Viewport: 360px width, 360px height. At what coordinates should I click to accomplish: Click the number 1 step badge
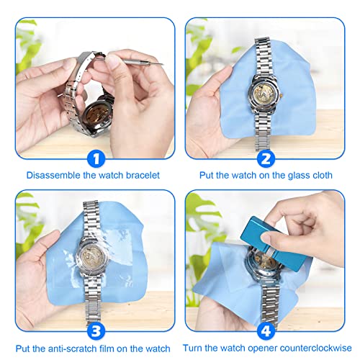(96, 158)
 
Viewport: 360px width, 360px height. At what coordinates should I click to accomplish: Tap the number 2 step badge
(266, 158)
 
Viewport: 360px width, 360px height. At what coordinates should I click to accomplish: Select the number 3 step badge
(96, 331)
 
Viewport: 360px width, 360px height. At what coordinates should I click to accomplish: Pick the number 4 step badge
(266, 331)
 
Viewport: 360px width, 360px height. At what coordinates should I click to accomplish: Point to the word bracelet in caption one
(143, 175)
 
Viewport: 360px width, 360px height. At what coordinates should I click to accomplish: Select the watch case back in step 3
(93, 257)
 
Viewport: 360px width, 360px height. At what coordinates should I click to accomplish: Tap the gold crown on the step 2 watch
(281, 95)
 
